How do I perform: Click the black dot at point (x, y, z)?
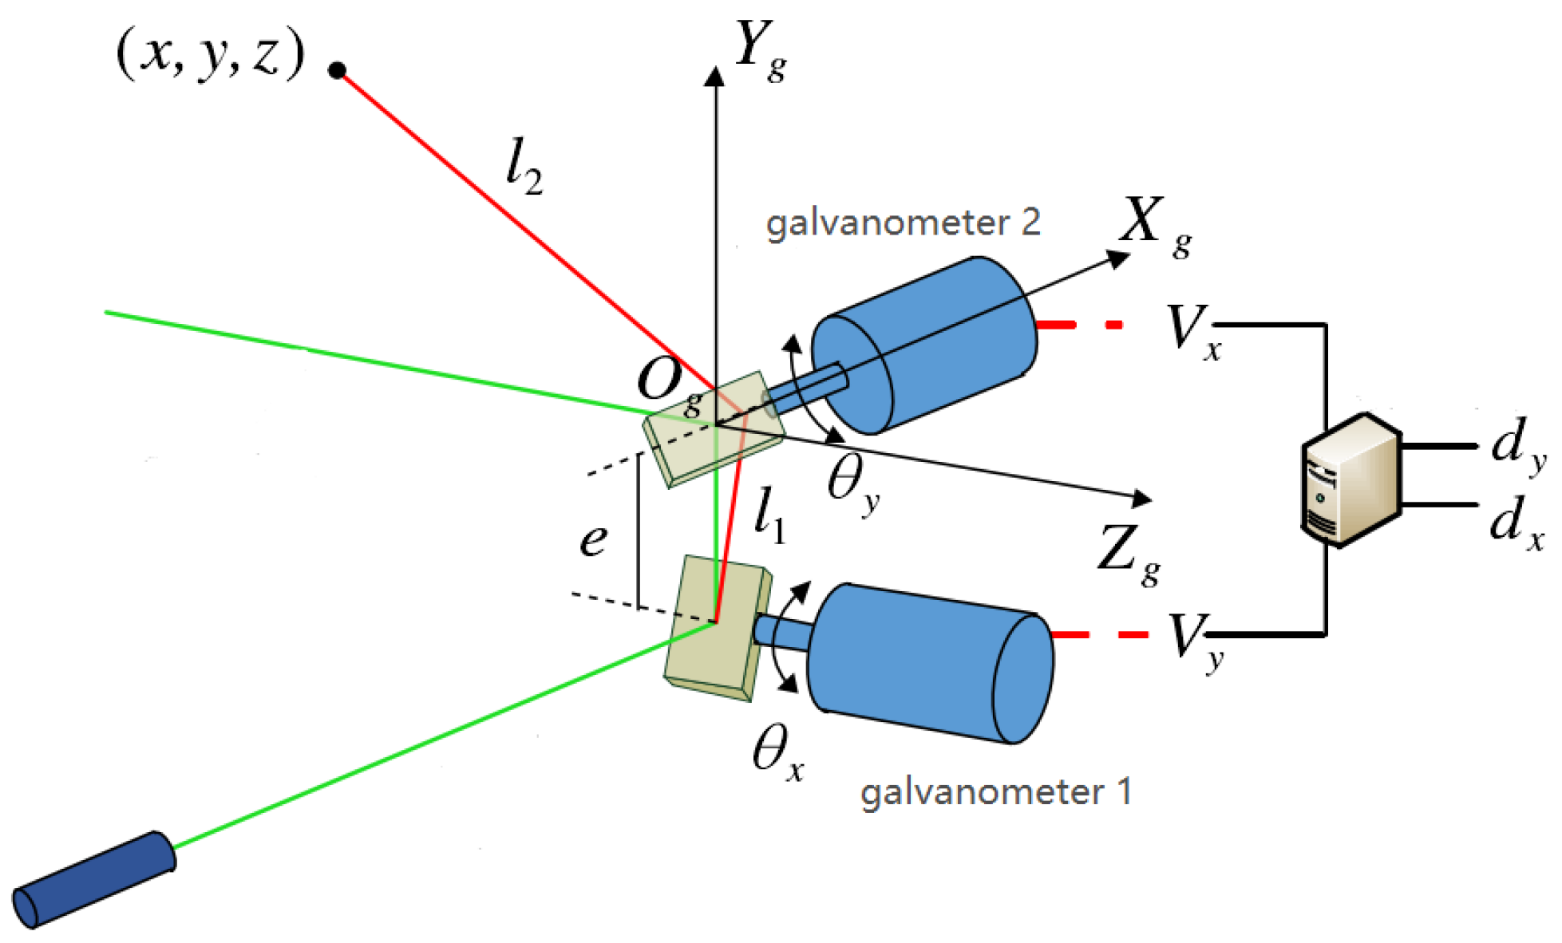point(338,71)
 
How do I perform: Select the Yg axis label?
point(759,49)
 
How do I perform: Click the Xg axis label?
point(1153,227)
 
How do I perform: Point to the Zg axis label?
point(1128,554)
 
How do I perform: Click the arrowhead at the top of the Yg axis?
point(715,77)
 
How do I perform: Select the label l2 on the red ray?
point(524,167)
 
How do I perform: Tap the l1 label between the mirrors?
point(769,517)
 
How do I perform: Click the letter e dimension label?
point(593,540)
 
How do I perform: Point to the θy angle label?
point(852,484)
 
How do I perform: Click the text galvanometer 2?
point(903,223)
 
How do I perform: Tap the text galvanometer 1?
point(995,792)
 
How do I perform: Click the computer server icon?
point(1350,479)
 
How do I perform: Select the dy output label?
point(1517,444)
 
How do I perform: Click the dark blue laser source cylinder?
point(94,879)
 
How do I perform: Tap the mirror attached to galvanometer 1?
point(717,630)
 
